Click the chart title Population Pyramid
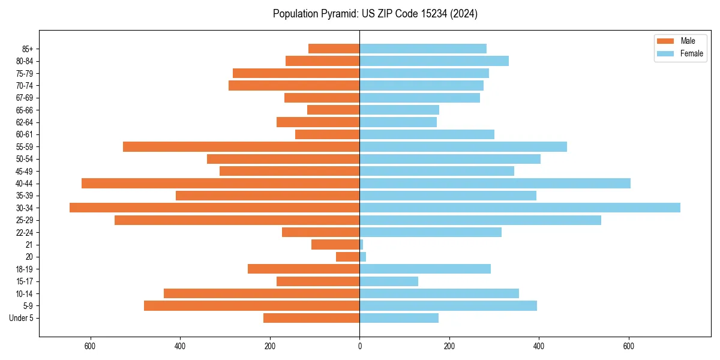tap(375, 14)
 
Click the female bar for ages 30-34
tap(520, 208)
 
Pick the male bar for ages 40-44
tap(220, 183)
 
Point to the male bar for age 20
tap(348, 257)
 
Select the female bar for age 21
tap(362, 244)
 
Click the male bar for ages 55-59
tap(241, 146)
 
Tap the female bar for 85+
tap(423, 49)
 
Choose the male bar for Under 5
tap(311, 318)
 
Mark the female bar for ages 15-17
tap(389, 281)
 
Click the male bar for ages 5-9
tap(251, 305)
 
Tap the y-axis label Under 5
tap(21, 318)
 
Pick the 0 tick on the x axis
tap(359, 346)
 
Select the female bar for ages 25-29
tap(480, 220)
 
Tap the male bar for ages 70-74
tap(294, 85)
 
